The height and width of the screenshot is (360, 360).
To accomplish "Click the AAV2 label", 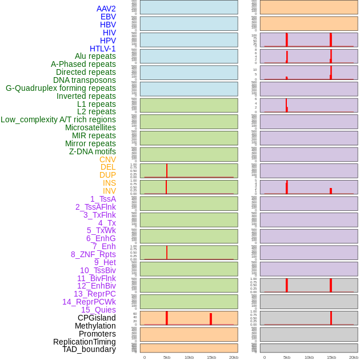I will coord(106,9).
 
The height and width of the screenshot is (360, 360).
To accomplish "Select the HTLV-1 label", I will coord(102,49).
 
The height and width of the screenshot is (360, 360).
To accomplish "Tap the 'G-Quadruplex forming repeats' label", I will coord(61,88).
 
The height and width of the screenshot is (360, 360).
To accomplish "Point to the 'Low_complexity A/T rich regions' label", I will coord(58,119).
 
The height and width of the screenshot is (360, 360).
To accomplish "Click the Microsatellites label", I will coord(90,127).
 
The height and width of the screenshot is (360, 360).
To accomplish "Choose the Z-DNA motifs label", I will coord(92,151).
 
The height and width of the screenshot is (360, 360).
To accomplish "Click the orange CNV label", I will coord(107,159).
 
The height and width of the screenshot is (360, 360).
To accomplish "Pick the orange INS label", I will coord(109,183).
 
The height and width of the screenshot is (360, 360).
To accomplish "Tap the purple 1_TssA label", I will coord(103,199).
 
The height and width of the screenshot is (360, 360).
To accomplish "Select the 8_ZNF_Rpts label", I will coord(93,254).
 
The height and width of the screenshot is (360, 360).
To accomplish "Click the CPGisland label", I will coord(97,318).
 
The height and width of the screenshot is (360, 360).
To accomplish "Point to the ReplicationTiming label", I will coord(85,342).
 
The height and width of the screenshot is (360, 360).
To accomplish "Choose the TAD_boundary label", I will coord(89,349).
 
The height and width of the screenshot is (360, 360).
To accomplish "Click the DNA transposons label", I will coord(85,80).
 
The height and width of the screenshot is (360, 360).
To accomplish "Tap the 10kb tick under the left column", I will coord(189,357).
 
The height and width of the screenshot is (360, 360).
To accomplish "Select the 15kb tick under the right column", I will coord(331,357).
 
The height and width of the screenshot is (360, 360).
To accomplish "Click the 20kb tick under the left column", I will coord(234,357).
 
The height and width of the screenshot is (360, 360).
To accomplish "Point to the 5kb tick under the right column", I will coord(287,357).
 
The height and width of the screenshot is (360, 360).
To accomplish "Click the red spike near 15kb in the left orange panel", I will coord(211,319).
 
